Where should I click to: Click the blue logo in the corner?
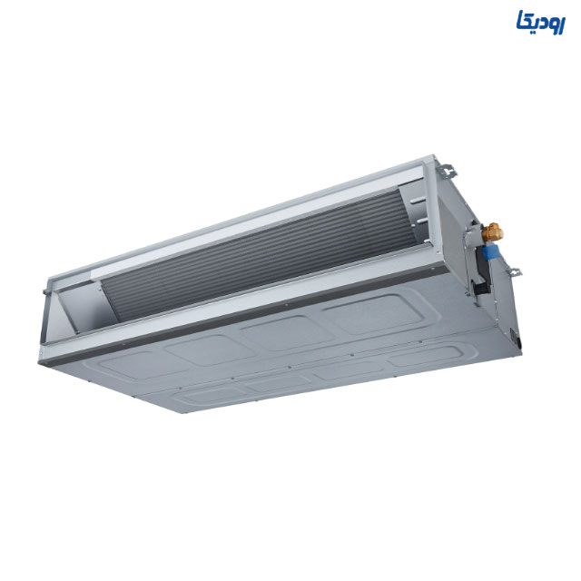pos(541,22)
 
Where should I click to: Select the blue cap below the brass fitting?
pos(490,252)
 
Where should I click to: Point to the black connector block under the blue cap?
pos(482,287)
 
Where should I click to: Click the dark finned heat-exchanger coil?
pos(260,252)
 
